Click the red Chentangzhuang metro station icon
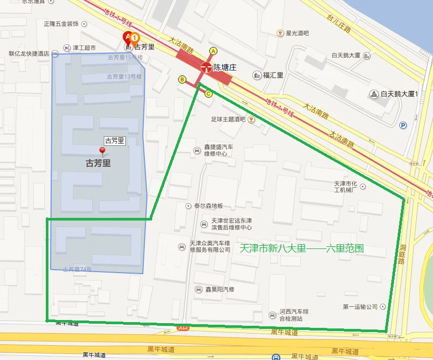tap(205, 67)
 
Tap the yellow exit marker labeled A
tap(213, 51)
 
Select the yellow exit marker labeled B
tap(182, 79)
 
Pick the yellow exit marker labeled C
tap(209, 94)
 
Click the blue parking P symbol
tap(404, 125)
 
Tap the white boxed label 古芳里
tap(114, 141)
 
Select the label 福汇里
tap(273, 75)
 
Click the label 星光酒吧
tap(297, 33)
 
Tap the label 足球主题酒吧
tap(228, 119)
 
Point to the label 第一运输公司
tap(360, 306)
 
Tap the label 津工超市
tap(84, 48)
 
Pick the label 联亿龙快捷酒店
tap(29, 53)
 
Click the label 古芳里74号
tap(77, 269)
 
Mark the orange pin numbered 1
tap(134, 38)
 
